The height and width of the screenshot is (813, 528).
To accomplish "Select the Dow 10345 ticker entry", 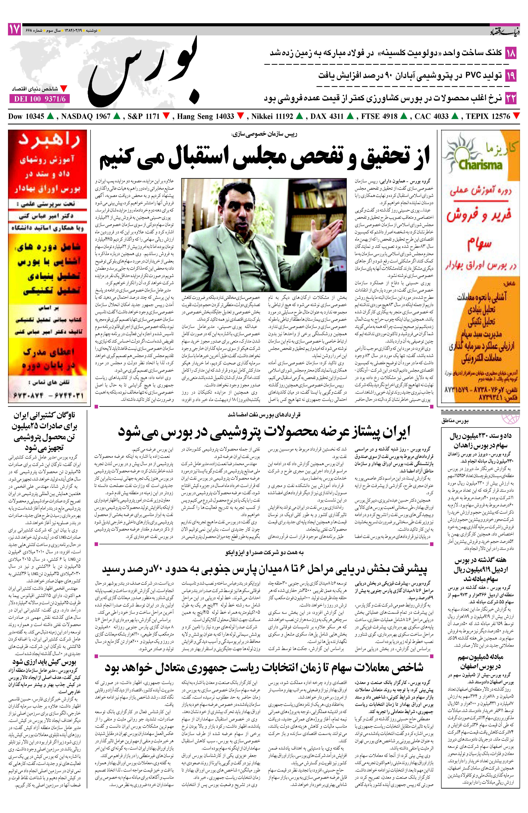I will pos(27,116).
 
